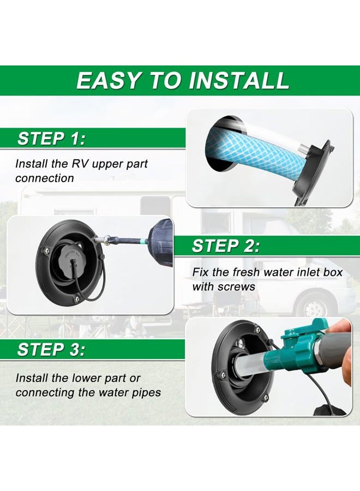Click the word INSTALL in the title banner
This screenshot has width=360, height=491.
point(239,81)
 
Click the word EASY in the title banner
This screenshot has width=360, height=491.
point(109,81)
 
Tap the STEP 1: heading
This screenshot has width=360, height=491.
point(51,139)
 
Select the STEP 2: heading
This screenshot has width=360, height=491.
point(226,246)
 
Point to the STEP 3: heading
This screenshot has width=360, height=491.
point(51,350)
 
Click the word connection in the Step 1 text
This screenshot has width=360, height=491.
point(44,178)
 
